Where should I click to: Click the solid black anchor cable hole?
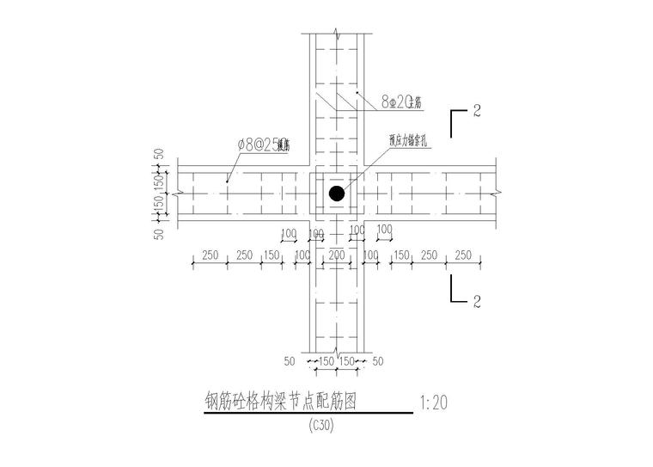[x=337, y=194]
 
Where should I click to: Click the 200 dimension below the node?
[x=336, y=255]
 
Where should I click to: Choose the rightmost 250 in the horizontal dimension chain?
[x=463, y=255]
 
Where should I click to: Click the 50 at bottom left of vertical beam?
[x=290, y=361]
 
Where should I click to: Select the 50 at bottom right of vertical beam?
[x=379, y=361]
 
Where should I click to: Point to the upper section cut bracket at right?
[x=459, y=118]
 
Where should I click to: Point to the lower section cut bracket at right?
[x=459, y=292]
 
